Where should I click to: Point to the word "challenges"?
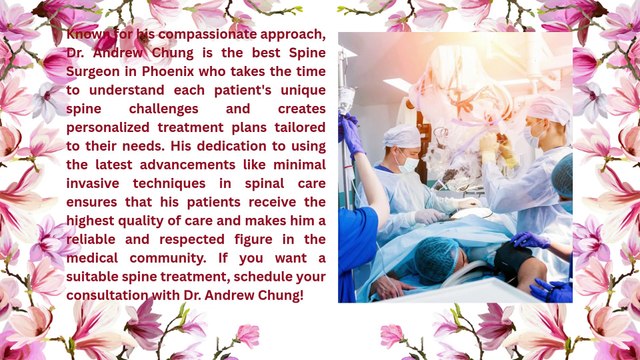coord(164,109)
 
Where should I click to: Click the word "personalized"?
coord(108,128)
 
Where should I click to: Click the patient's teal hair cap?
coord(436,259)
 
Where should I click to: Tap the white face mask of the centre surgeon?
coord(409,164)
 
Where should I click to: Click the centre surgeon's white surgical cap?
coord(402,136)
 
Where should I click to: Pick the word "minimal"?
coord(299,165)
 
